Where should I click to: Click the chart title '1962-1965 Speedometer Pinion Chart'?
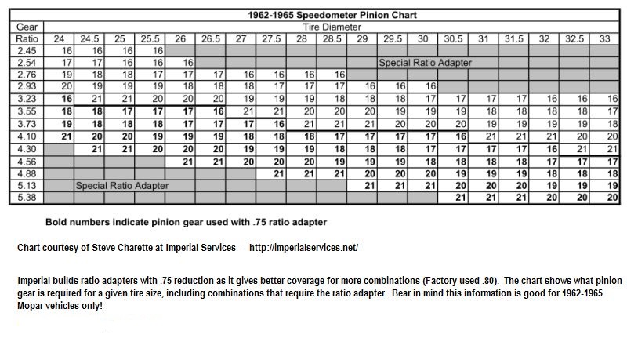pyautogui.click(x=313, y=15)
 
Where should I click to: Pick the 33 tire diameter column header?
pyautogui.click(x=604, y=38)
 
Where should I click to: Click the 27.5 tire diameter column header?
pyautogui.click(x=272, y=38)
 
